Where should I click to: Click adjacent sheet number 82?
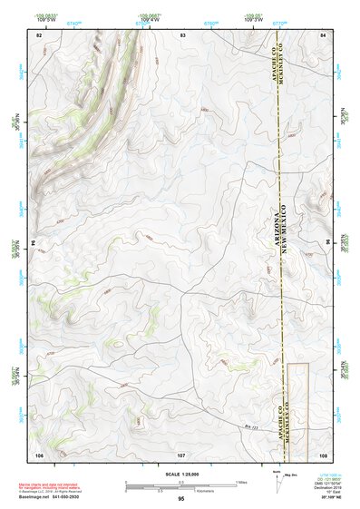39,34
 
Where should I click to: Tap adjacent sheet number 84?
323,34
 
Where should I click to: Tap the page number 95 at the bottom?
181,499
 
